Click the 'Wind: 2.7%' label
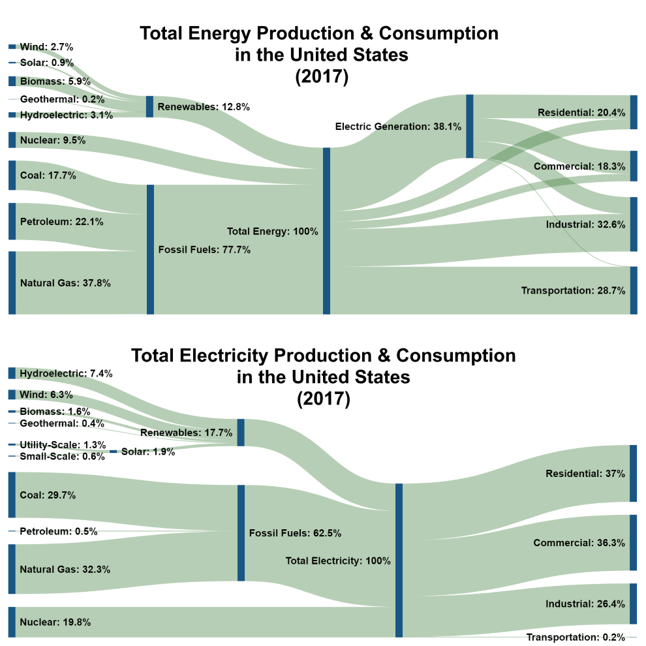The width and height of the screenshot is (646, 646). click(x=46, y=47)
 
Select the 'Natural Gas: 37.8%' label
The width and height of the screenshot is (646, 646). click(x=65, y=283)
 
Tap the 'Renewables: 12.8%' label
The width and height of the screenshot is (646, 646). click(x=204, y=107)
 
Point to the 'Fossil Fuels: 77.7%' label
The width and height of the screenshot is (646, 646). click(x=204, y=249)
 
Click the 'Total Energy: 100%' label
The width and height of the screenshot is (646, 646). click(x=272, y=231)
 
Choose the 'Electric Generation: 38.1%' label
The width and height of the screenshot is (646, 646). click(x=398, y=127)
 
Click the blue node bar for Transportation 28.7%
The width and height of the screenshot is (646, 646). click(x=633, y=290)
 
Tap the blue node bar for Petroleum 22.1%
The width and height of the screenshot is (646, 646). click(x=12, y=221)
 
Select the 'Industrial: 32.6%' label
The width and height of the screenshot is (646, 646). click(x=585, y=224)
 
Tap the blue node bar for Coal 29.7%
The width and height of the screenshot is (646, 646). click(x=12, y=495)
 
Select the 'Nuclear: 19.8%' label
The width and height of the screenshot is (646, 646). click(x=55, y=623)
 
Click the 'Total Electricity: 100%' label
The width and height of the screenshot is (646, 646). click(x=338, y=561)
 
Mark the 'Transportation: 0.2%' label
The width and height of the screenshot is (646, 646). click(x=576, y=637)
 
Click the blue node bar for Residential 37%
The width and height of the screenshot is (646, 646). click(x=633, y=473)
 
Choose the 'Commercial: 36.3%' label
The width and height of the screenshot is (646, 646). click(x=579, y=543)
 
